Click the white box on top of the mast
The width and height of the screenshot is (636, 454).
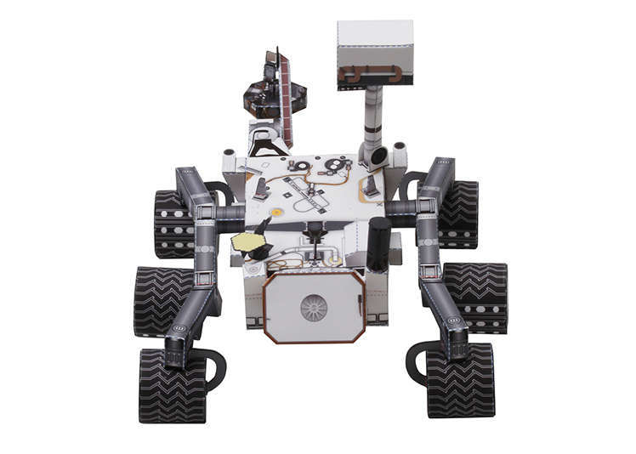tap(375, 44)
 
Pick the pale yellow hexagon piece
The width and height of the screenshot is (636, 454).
tap(247, 242)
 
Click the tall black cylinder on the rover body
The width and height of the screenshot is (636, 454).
tap(378, 243)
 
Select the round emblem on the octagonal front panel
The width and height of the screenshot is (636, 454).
tap(314, 307)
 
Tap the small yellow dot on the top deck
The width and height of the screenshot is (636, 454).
tap(276, 212)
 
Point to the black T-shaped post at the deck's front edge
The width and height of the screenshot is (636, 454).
tap(316, 230)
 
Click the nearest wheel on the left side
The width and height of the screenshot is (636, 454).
tap(172, 385)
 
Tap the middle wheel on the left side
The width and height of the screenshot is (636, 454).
tap(162, 300)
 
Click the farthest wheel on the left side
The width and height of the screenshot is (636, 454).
tap(173, 223)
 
